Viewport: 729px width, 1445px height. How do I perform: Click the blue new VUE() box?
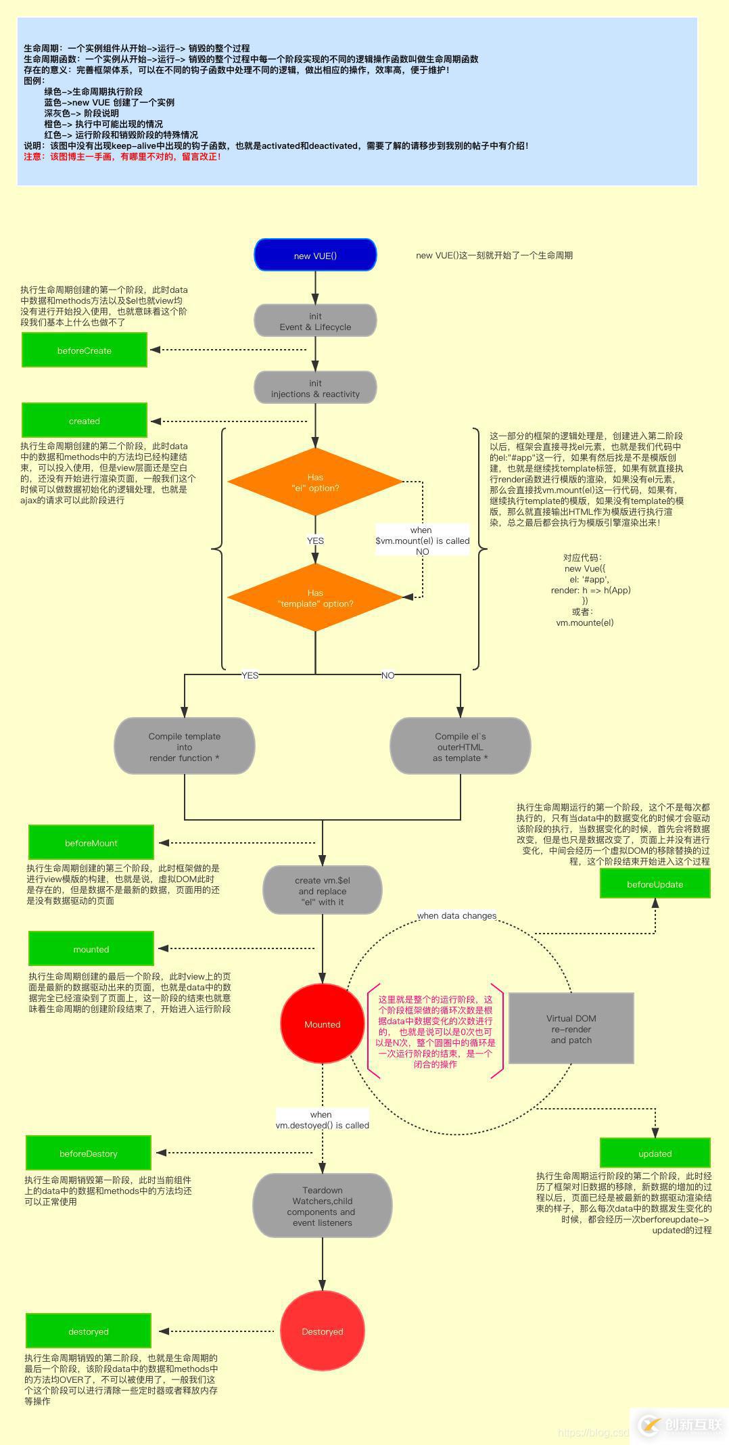tap(315, 255)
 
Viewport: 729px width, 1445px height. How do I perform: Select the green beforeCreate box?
tap(85, 350)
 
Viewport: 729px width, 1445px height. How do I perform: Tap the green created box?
tap(85, 421)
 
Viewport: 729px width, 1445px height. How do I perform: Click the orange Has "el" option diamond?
tap(315, 482)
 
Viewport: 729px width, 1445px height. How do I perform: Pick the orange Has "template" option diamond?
tap(315, 598)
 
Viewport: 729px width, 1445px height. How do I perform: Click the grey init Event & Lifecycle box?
tap(315, 321)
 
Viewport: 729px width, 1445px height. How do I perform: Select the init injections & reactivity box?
tap(315, 388)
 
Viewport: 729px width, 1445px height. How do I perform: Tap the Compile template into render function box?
tap(185, 746)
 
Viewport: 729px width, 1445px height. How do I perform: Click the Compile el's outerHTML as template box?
tap(461, 746)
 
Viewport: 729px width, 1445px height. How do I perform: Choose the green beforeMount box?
tap(91, 843)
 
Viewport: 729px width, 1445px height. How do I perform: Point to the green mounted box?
tap(91, 949)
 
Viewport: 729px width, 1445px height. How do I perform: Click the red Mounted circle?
tap(322, 1024)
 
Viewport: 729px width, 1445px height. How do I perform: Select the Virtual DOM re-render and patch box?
tap(571, 1028)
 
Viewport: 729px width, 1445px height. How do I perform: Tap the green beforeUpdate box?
tap(655, 884)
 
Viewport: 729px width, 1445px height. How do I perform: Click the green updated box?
tap(655, 1153)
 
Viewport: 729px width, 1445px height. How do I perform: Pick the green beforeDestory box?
tap(89, 1153)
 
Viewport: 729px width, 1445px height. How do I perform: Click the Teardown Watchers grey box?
tap(322, 1206)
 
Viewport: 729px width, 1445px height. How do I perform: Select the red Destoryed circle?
tap(322, 1331)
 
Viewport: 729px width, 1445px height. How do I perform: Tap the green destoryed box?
tap(89, 1331)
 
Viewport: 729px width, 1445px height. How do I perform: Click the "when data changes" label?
tap(456, 915)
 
